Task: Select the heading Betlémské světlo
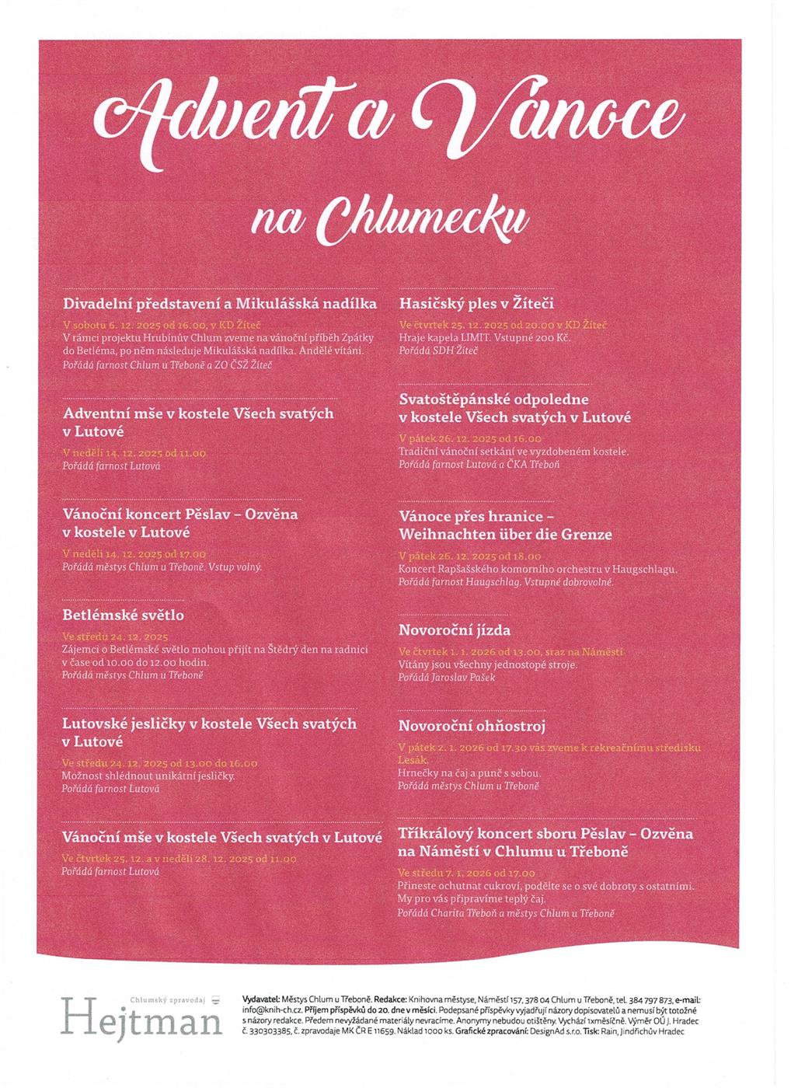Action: pyautogui.click(x=123, y=615)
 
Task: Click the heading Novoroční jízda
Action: pyautogui.click(x=455, y=629)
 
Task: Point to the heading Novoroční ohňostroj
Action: pyautogui.click(x=472, y=726)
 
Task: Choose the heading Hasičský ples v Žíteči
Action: pyautogui.click(x=476, y=303)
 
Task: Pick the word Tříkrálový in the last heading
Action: pyautogui.click(x=439, y=834)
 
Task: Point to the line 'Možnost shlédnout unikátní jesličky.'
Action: pyautogui.click(x=148, y=776)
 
